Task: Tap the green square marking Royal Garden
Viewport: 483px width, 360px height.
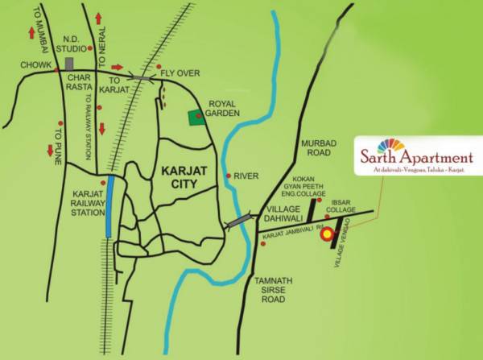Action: [196, 118]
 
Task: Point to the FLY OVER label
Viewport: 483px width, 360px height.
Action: [180, 73]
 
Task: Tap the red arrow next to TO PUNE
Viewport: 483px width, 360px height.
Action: [49, 150]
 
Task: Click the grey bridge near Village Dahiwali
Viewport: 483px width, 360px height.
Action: [240, 221]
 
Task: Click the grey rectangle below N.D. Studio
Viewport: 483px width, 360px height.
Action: [70, 62]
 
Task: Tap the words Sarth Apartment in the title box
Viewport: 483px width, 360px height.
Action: [416, 159]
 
